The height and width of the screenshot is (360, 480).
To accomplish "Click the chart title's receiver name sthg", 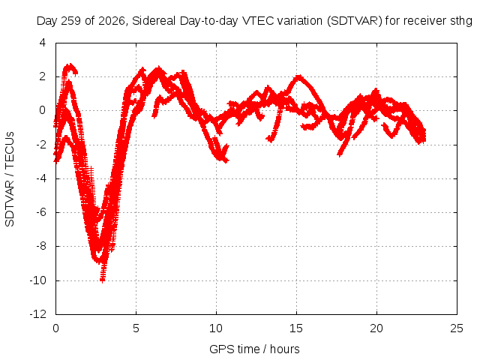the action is [x=461, y=22].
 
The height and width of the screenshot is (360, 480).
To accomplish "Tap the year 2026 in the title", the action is [x=112, y=21].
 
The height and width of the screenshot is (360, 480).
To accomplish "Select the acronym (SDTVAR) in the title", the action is [x=355, y=21].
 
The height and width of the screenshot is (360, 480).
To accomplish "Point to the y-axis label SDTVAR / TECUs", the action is [x=10, y=179].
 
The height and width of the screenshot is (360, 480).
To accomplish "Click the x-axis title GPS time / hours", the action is [x=254, y=349].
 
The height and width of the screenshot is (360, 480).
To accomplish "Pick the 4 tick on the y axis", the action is [x=42, y=43].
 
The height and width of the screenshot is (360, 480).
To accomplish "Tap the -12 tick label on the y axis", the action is [x=38, y=314].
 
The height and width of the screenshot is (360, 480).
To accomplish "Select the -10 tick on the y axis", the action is [x=38, y=280].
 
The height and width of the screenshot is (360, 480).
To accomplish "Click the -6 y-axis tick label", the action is [x=40, y=212].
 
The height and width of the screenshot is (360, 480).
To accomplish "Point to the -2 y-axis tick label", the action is [x=40, y=144].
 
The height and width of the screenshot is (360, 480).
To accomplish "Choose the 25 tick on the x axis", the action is [x=457, y=328].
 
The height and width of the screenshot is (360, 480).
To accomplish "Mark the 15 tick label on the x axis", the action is [x=296, y=328].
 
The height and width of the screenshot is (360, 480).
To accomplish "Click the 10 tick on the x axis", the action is [x=216, y=328].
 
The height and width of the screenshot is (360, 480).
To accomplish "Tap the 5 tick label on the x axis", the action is [x=136, y=328].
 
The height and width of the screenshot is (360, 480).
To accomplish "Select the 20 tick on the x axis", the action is [x=376, y=328].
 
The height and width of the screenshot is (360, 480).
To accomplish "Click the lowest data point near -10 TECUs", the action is [x=103, y=279].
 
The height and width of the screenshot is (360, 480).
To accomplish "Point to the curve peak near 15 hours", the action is [x=298, y=76].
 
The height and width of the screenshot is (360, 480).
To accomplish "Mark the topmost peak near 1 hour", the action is [x=70, y=65].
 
